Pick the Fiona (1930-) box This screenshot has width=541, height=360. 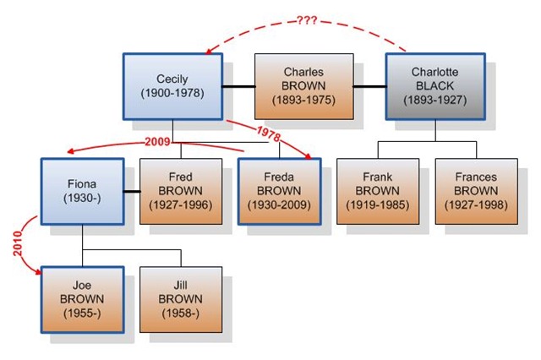(83, 191)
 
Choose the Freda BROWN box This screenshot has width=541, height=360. (279, 191)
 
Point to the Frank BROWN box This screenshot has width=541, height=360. (377, 191)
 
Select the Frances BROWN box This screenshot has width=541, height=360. (475, 191)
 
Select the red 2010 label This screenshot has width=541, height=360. (19, 243)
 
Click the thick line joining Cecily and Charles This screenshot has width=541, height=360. (239, 85)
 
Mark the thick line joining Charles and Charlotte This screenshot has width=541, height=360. (369, 85)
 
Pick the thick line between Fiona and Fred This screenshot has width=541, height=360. (132, 192)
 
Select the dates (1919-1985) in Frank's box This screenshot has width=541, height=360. (377, 205)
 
